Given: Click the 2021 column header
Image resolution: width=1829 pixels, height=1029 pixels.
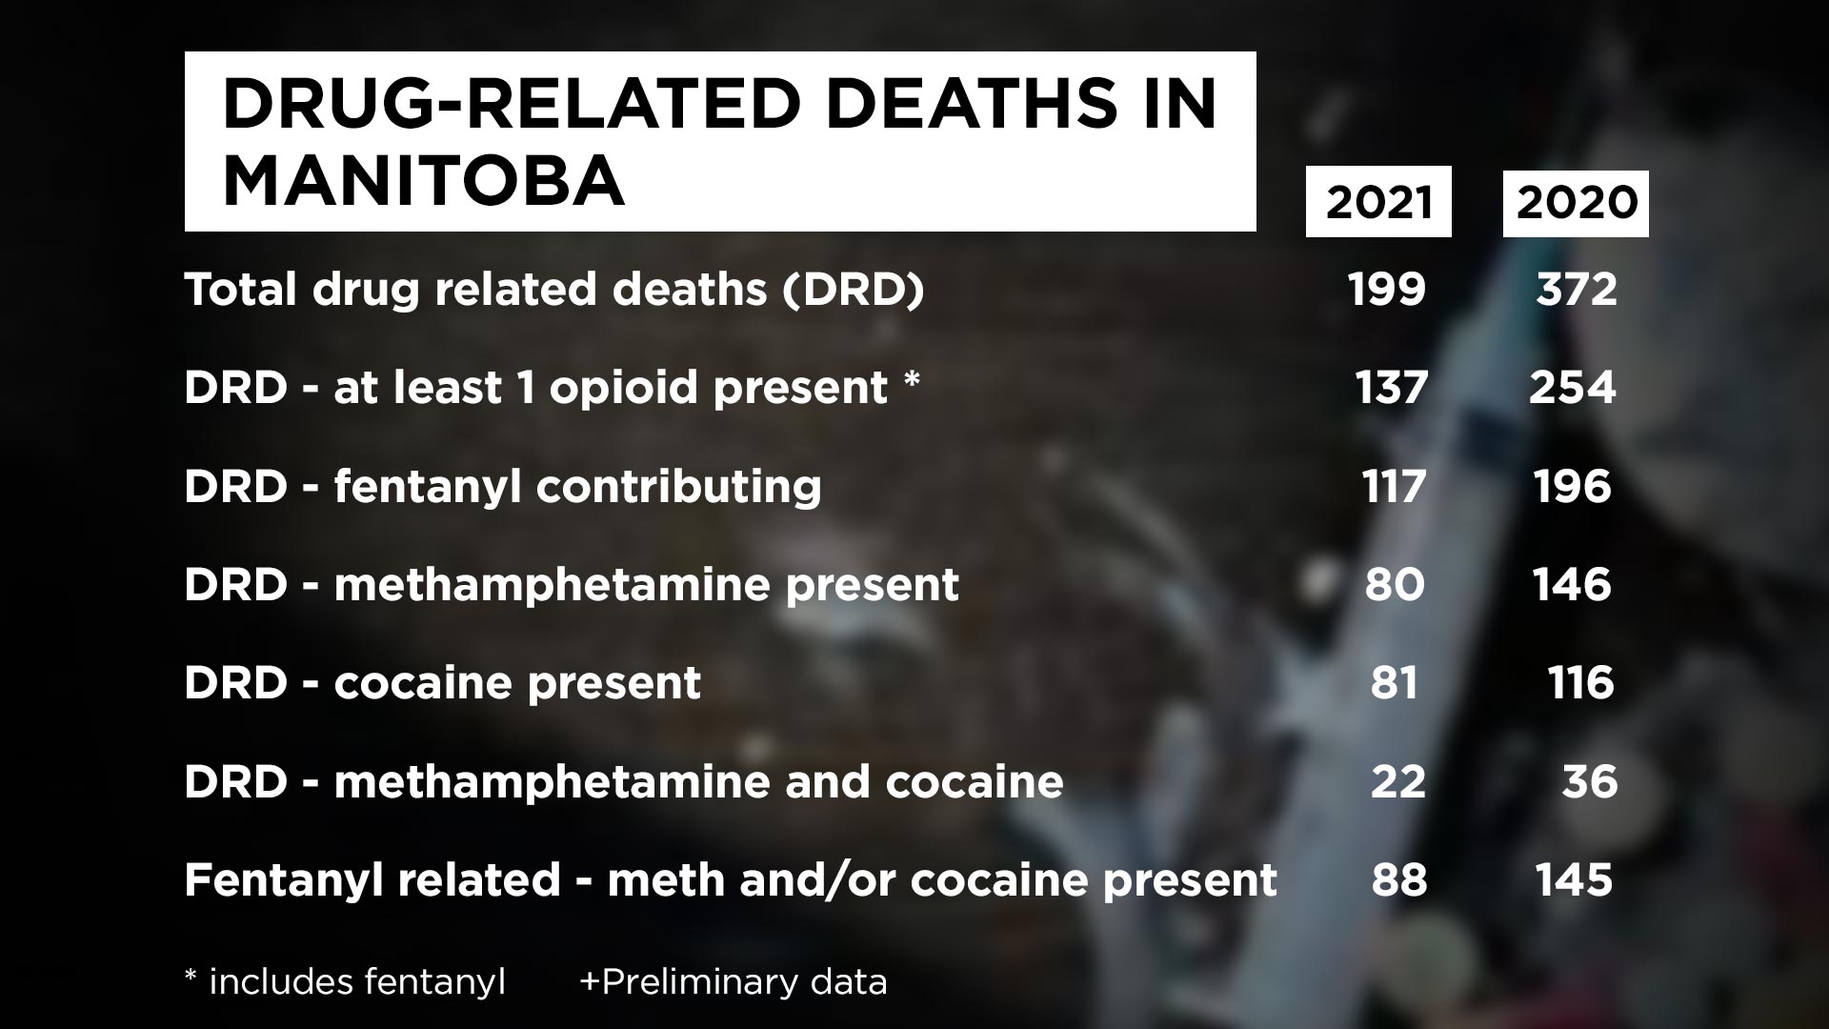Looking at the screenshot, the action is tap(1378, 202).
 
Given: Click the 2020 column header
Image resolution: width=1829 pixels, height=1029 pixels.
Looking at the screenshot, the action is tap(1576, 202).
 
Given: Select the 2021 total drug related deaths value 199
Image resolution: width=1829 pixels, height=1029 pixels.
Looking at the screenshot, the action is tap(1388, 289).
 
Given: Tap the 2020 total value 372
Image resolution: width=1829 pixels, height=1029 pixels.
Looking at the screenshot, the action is tap(1577, 289).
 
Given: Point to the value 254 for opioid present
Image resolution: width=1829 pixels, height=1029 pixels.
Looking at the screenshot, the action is tap(1573, 387).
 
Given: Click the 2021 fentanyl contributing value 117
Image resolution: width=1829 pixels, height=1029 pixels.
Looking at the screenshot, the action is tap(1393, 486).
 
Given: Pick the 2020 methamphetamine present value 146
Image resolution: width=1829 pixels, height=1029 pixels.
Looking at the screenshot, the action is tap(1573, 584).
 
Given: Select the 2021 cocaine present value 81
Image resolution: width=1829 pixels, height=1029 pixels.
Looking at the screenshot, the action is tap(1395, 683).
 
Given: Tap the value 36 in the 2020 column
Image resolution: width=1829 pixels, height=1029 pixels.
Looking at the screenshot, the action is tap(1590, 781).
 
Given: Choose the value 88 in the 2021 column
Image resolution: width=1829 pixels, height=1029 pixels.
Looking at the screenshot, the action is tap(1399, 879).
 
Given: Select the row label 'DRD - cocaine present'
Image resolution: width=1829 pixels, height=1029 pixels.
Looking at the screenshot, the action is tap(442, 683).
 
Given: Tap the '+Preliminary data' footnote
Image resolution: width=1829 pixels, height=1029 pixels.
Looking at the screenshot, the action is tap(734, 982).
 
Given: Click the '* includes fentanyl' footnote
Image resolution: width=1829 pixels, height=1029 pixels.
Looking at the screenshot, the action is tap(345, 982).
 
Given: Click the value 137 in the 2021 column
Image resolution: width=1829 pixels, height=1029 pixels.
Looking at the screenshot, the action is tap(1392, 387).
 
